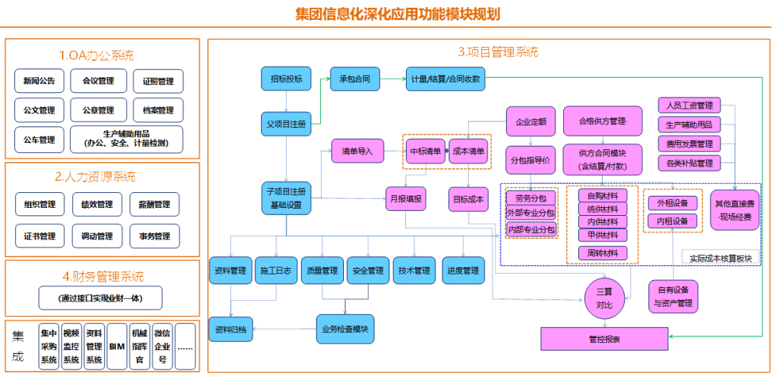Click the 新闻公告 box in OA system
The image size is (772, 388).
pyautogui.click(x=39, y=81)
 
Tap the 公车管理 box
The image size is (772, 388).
pyautogui.click(x=39, y=139)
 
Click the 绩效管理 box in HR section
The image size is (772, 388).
pyautogui.click(x=97, y=204)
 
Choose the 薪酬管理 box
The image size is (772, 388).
pyautogui.click(x=154, y=204)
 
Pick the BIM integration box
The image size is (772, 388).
pyautogui.click(x=117, y=347)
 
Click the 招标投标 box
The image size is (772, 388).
pyautogui.click(x=286, y=79)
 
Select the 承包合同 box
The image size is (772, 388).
pyautogui.click(x=354, y=79)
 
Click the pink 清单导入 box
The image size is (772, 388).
pyautogui.click(x=357, y=151)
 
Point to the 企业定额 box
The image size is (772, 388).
pyautogui.click(x=530, y=122)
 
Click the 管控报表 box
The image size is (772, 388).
pyautogui.click(x=604, y=339)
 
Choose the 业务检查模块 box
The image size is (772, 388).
pyautogui.click(x=345, y=329)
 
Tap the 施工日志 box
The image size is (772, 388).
pyautogui.click(x=275, y=271)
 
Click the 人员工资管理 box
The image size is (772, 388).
pyautogui.click(x=689, y=106)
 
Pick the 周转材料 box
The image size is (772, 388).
pyautogui.click(x=603, y=253)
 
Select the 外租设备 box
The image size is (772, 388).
pyautogui.click(x=672, y=203)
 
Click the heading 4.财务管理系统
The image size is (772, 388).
pyautogui.click(x=102, y=277)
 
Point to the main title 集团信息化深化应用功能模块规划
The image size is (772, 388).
pyautogui.click(x=397, y=15)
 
